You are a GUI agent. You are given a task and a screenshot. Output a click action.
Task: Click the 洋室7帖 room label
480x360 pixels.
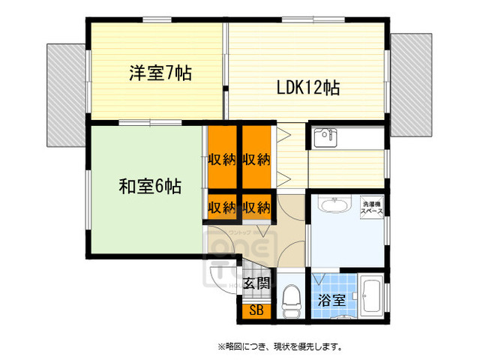[x=160, y=73]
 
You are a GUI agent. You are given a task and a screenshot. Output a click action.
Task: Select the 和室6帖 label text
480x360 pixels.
[x=149, y=186]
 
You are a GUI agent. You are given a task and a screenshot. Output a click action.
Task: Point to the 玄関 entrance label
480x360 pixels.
[x=258, y=283]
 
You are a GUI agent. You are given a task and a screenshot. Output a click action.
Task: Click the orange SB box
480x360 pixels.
[x=256, y=309]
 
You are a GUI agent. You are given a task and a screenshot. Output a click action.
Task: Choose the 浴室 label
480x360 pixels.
[x=331, y=301]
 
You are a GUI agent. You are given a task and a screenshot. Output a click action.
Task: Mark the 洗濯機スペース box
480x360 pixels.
[x=373, y=208]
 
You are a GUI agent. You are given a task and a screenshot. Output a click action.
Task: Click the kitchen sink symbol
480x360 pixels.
[x=323, y=138]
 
